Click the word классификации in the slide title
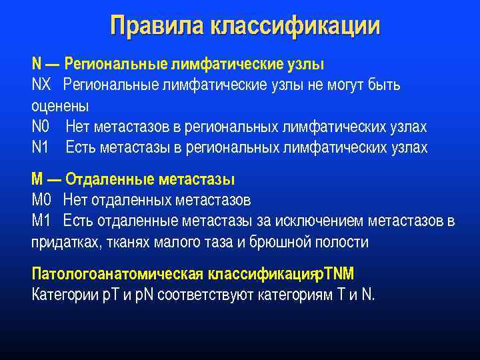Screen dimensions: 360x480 coord(295,25)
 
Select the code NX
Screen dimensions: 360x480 coord(41,85)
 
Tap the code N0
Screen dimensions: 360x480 coord(41,127)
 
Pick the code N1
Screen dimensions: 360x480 coord(41,147)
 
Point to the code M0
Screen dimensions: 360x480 coord(42,200)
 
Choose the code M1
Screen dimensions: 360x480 coord(41,221)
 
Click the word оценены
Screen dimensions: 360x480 coord(60,107)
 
